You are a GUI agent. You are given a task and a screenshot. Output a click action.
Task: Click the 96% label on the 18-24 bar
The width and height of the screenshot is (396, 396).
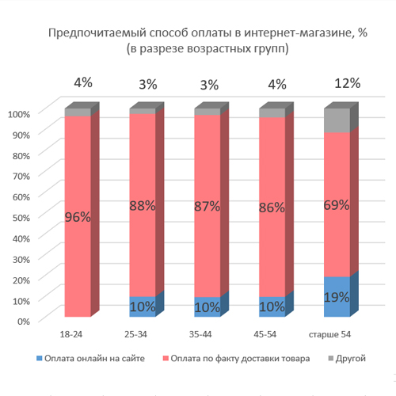tap(78, 217)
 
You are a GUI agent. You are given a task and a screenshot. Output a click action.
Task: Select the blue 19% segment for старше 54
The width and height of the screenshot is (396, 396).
tap(337, 296)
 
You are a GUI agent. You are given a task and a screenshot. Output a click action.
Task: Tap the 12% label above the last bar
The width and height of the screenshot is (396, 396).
tap(348, 83)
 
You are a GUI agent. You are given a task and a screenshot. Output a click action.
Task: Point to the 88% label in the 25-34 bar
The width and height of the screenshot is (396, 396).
tap(143, 205)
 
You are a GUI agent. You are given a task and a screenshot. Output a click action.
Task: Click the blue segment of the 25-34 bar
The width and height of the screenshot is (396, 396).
tap(143, 307)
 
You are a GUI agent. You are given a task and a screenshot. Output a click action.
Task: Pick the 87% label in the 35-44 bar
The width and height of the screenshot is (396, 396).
tap(208, 206)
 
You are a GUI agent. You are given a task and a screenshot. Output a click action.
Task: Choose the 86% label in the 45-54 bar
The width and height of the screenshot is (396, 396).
tap(272, 208)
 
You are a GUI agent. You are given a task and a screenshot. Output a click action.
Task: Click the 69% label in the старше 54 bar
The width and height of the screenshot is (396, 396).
tap(337, 205)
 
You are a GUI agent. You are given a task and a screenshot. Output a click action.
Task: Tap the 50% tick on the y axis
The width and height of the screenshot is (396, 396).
tap(21, 218)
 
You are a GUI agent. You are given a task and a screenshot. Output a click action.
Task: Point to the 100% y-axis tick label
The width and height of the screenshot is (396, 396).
tap(19, 114)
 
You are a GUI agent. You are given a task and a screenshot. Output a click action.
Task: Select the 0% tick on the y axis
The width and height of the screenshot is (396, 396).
tap(24, 322)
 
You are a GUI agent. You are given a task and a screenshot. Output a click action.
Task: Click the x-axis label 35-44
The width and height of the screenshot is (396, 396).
tap(200, 334)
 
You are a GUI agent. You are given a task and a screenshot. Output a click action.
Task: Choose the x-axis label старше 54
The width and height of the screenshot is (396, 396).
tap(329, 334)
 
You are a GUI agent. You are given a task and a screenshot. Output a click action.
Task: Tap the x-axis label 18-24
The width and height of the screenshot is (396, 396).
tap(71, 334)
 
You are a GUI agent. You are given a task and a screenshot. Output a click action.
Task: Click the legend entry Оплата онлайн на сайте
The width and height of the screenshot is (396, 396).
tap(90, 358)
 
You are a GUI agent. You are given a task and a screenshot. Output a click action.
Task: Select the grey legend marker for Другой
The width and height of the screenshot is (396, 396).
tap(331, 358)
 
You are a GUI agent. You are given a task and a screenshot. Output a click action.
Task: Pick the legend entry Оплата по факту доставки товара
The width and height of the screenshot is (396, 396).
tap(237, 358)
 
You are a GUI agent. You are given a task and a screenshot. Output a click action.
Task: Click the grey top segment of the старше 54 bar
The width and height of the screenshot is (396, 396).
tap(337, 120)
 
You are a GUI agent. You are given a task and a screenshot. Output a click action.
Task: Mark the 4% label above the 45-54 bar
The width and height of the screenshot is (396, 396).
tap(277, 85)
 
